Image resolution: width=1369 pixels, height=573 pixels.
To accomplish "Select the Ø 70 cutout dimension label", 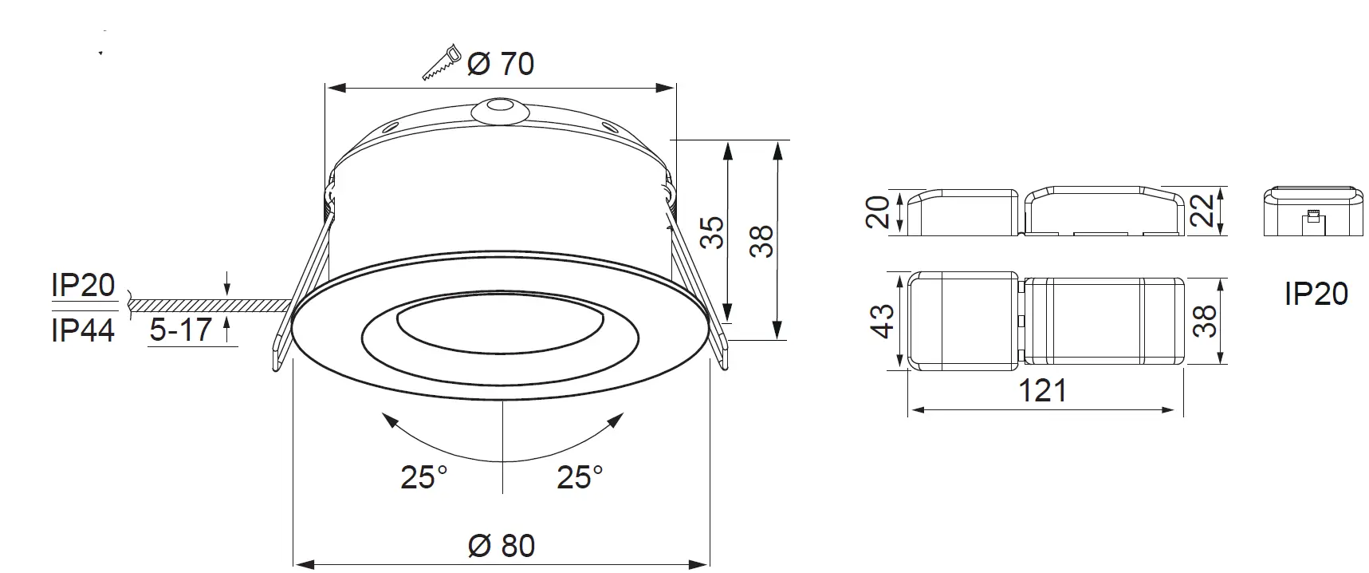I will pyautogui.click(x=501, y=64).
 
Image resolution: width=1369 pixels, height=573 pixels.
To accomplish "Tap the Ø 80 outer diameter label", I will pyautogui.click(x=501, y=546).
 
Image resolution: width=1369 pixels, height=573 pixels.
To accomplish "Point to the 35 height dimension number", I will pyautogui.click(x=714, y=232).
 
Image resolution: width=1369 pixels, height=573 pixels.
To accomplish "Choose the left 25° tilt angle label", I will pyautogui.click(x=423, y=477).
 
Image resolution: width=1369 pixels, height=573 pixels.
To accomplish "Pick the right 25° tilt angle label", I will pyautogui.click(x=580, y=477).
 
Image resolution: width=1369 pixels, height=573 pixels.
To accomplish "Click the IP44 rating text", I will pyautogui.click(x=83, y=330).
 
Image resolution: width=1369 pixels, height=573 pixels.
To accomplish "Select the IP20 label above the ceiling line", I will pyautogui.click(x=83, y=285).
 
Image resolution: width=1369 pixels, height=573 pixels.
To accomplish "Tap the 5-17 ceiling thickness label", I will pyautogui.click(x=181, y=330).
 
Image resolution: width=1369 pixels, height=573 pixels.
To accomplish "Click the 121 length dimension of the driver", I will pyautogui.click(x=1043, y=391).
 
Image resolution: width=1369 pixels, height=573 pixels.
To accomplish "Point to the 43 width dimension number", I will pyautogui.click(x=883, y=321).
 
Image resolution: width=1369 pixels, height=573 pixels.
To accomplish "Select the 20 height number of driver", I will pyautogui.click(x=878, y=212).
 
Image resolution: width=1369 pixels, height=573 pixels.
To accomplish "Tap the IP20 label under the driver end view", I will pyautogui.click(x=1316, y=294).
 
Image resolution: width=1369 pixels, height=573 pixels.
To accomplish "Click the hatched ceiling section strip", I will pyautogui.click(x=207, y=306).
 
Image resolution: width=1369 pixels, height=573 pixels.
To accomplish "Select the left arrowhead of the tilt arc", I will pyautogui.click(x=388, y=420).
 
